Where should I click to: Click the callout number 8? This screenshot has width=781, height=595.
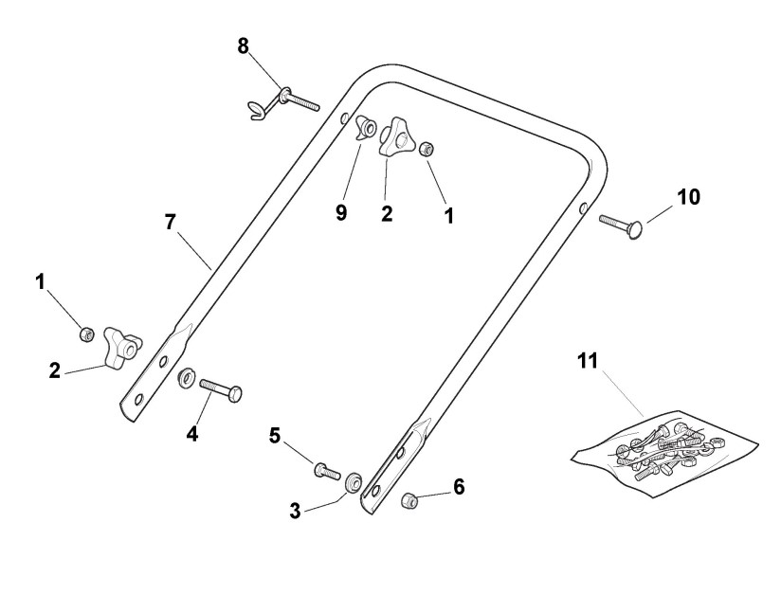tap(244, 46)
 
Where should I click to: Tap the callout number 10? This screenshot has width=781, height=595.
tap(688, 197)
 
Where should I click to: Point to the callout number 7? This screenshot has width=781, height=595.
tap(171, 224)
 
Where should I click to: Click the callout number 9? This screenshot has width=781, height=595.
tap(341, 212)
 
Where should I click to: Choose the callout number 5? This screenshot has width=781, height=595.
tap(275, 437)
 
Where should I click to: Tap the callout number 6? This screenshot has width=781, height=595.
tap(459, 487)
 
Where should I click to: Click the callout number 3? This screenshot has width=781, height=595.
tap(296, 511)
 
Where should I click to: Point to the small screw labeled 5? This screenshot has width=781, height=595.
tap(326, 468)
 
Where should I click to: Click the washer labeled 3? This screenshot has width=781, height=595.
tap(353, 480)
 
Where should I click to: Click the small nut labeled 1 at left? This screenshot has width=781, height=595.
tap(86, 333)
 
